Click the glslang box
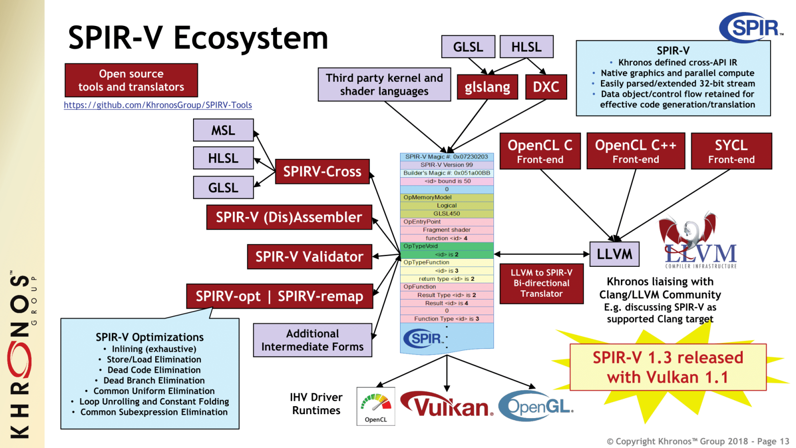(x=487, y=87)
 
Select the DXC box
(x=546, y=87)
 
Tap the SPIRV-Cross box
(x=322, y=172)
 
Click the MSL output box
(x=223, y=130)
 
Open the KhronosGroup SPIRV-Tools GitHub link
(x=158, y=105)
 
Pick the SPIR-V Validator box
(x=309, y=257)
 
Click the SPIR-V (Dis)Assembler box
(x=289, y=218)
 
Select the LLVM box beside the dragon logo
(x=614, y=254)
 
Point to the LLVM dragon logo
(x=696, y=241)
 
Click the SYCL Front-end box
(x=731, y=151)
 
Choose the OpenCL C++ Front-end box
(x=635, y=151)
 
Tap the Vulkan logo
(x=447, y=406)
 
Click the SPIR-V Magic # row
(x=447, y=157)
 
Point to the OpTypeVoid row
(x=447, y=246)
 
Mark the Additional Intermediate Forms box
(x=312, y=340)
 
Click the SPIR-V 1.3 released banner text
(x=668, y=367)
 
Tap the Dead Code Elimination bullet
(x=154, y=370)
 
